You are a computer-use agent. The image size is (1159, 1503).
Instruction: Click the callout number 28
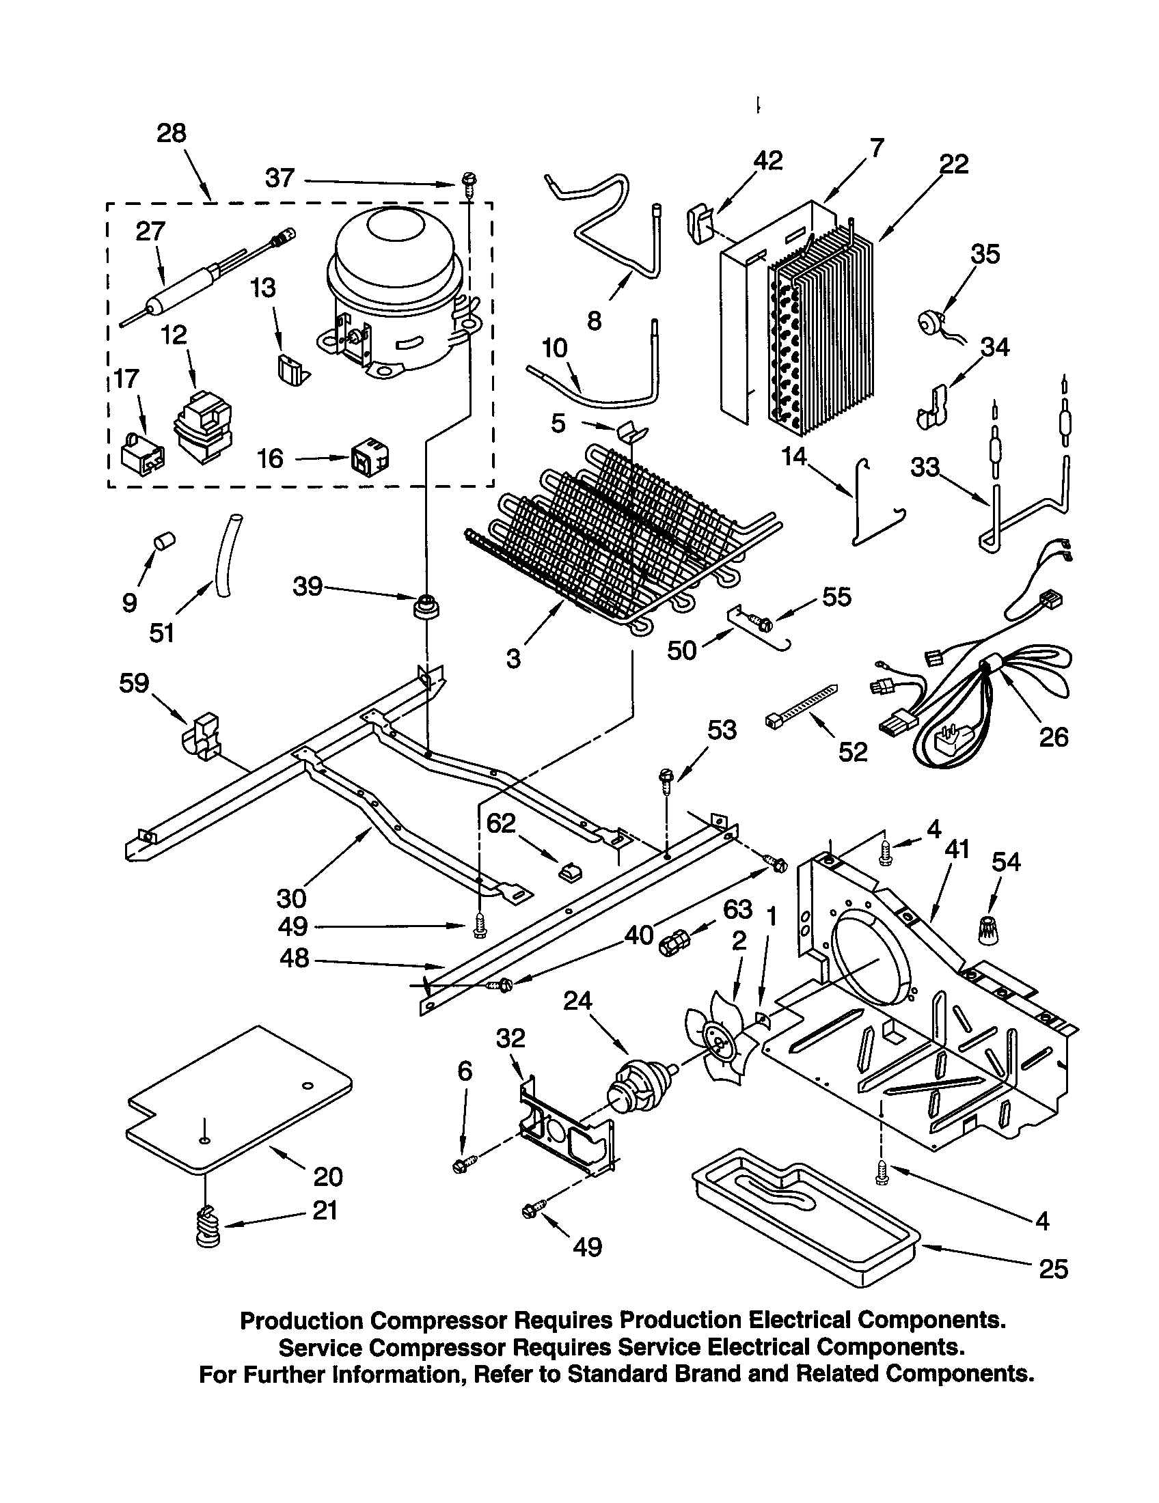(x=172, y=133)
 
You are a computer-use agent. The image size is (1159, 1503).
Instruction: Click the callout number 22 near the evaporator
(x=954, y=164)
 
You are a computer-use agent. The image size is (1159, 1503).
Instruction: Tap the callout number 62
(x=500, y=823)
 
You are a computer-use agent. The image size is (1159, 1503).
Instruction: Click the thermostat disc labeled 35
(x=933, y=322)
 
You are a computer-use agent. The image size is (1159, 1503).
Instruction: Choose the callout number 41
(x=957, y=849)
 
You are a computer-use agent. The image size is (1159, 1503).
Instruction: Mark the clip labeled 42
(x=700, y=223)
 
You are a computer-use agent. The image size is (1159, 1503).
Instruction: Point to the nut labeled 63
(x=670, y=946)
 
